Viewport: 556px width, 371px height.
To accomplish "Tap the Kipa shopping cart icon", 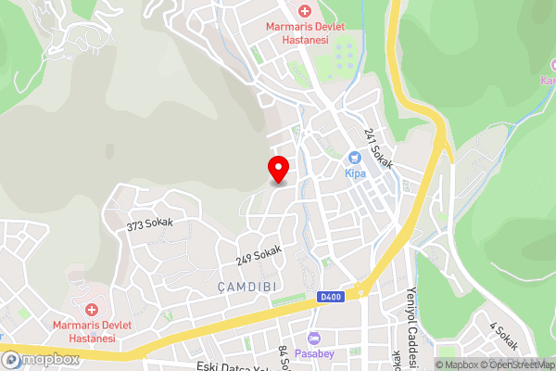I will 353,159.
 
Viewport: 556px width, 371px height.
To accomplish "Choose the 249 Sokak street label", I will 259,253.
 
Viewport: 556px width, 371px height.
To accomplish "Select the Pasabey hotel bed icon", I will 313,339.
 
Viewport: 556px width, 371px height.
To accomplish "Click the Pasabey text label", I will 313,353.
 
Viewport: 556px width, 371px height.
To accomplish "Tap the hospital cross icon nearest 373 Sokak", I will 91,309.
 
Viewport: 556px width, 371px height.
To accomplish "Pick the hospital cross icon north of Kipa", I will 304,10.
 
